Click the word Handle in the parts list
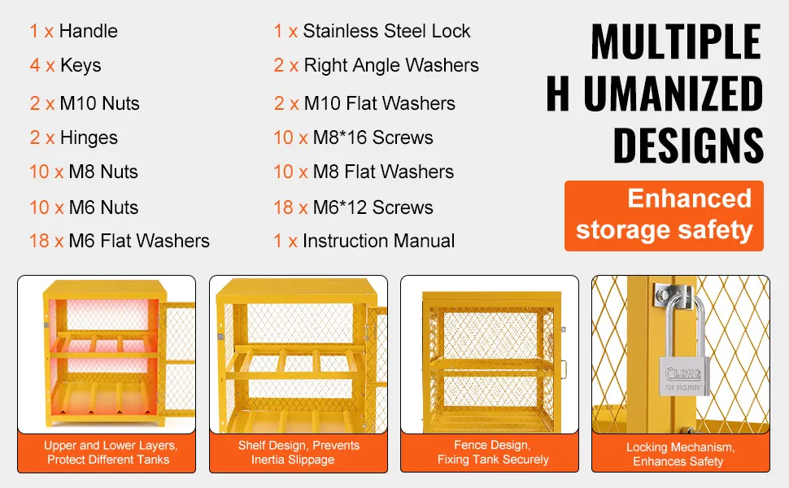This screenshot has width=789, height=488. pyautogui.click(x=89, y=31)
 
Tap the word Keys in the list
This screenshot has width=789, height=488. pyautogui.click(x=81, y=65)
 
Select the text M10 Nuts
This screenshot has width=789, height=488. pyautogui.click(x=99, y=103)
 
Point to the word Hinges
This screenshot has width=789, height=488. pyautogui.click(x=89, y=137)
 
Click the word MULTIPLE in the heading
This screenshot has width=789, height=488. pyautogui.click(x=676, y=41)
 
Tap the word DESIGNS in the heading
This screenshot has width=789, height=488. pyautogui.click(x=688, y=146)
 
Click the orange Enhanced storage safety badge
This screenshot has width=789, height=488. pyautogui.click(x=664, y=216)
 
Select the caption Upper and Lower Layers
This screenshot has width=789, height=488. pyautogui.click(x=110, y=445)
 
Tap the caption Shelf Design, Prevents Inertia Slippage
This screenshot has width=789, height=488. pyautogui.click(x=299, y=452)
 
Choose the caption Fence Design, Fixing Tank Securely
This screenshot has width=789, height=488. pyautogui.click(x=492, y=452)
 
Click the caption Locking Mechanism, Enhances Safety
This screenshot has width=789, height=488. pyautogui.click(x=680, y=455)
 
